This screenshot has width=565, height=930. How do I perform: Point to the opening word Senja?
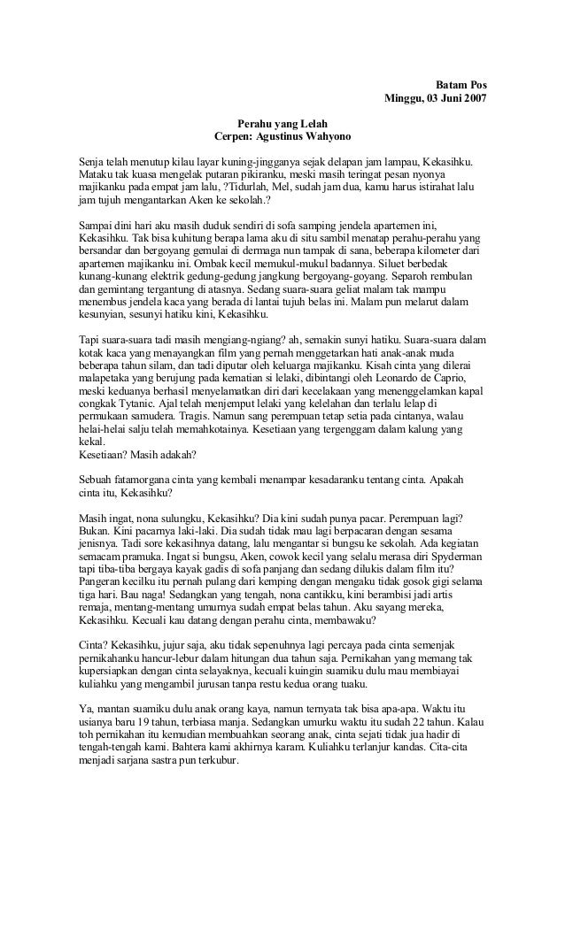(92, 165)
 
